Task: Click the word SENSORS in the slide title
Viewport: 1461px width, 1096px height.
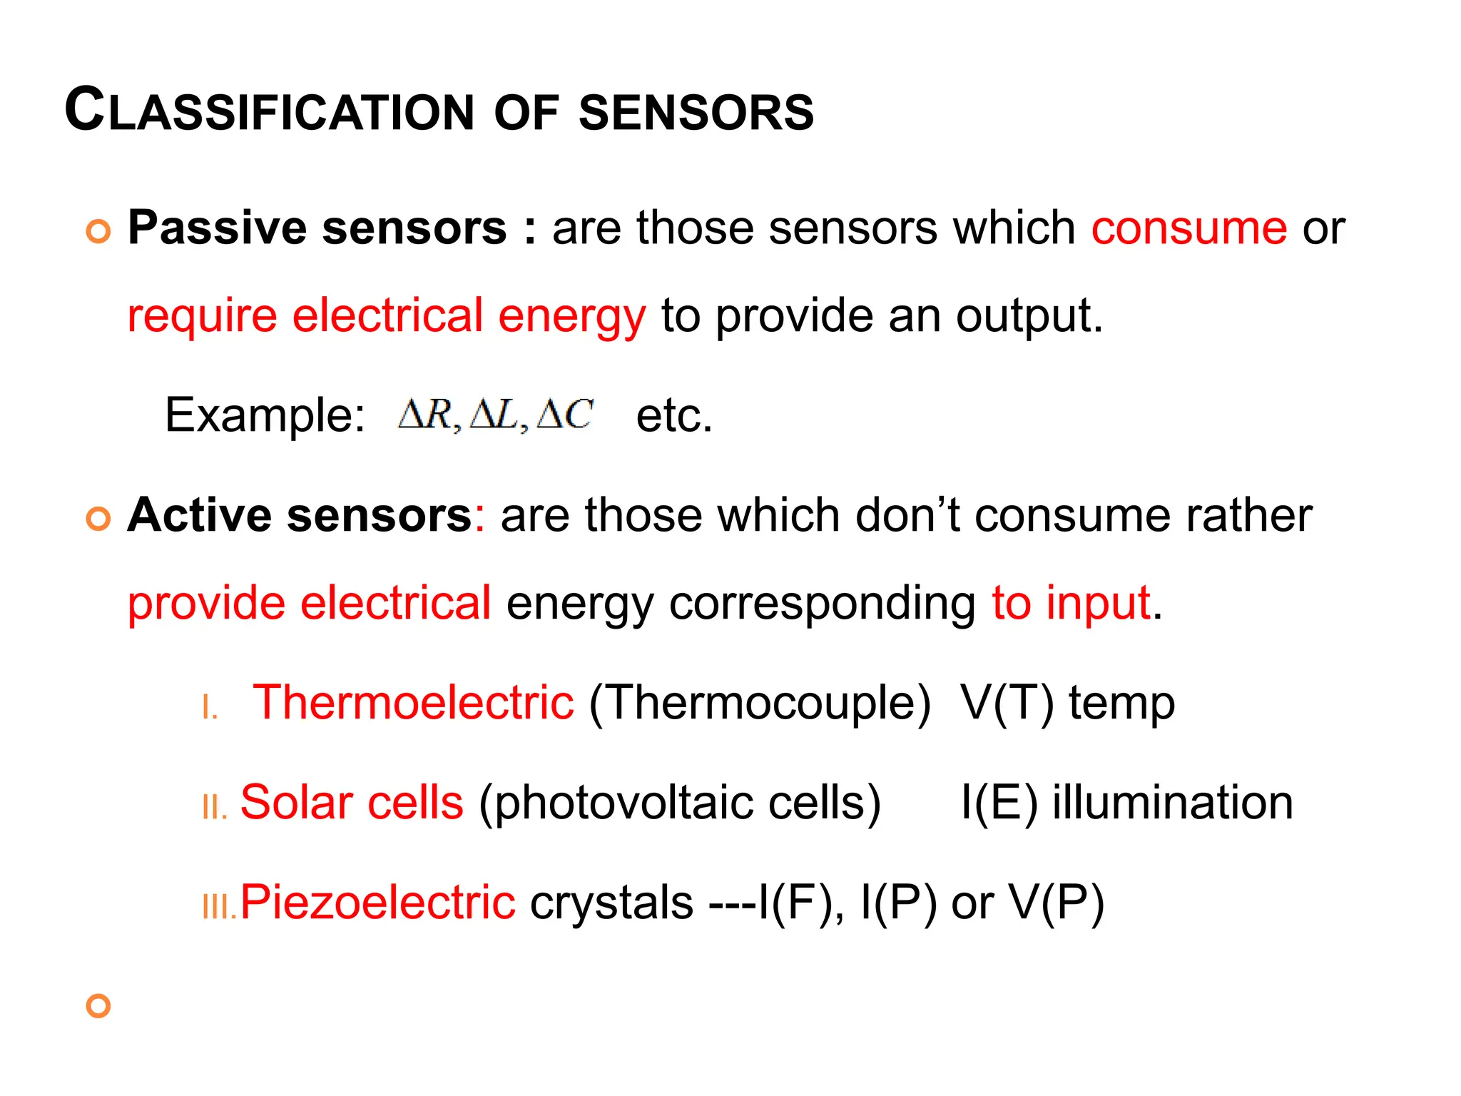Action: pos(696,113)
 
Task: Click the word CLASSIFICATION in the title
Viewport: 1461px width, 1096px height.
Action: pos(269,111)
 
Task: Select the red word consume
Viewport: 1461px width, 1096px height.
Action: pos(1188,228)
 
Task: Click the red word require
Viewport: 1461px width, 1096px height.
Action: pos(202,316)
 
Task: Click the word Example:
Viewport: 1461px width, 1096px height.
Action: pos(265,415)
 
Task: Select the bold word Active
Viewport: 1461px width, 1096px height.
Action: pos(199,515)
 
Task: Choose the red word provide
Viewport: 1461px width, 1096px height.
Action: pos(206,604)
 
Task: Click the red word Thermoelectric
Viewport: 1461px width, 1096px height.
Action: pos(413,702)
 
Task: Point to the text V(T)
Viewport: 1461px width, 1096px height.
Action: pos(1007,702)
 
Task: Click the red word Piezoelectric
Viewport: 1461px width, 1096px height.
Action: pos(377,902)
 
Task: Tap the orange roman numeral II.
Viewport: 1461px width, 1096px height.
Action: pos(214,808)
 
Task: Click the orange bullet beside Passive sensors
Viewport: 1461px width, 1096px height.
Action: pos(98,231)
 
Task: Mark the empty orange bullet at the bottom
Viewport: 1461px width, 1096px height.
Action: pos(98,1006)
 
